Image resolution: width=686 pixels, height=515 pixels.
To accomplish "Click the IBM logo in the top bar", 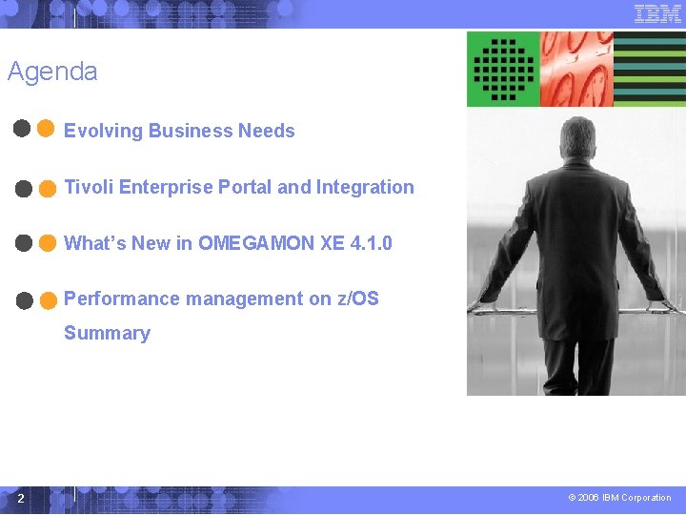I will (657, 13).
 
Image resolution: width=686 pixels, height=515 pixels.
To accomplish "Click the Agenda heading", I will (52, 72).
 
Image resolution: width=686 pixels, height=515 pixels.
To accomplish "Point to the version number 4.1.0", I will (371, 243).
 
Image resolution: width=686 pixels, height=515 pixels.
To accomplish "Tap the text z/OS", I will (357, 299).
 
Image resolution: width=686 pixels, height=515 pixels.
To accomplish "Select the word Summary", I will (107, 333).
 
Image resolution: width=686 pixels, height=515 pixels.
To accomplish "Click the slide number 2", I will (21, 498).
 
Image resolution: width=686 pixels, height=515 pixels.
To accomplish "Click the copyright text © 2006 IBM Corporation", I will (619, 498).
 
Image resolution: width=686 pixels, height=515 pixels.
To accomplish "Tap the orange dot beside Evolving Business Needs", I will (46, 130).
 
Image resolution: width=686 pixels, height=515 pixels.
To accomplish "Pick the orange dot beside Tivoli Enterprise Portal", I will (47, 188).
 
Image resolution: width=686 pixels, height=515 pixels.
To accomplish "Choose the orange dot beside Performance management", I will (47, 300).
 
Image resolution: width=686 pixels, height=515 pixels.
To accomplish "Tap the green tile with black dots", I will (503, 69).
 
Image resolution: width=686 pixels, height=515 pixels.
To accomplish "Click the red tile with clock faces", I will (576, 69).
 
